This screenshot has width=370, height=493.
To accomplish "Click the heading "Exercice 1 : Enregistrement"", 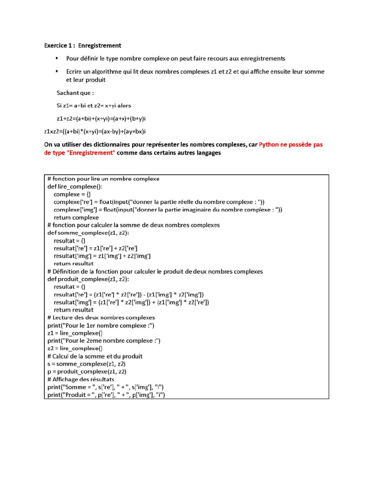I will tap(82, 46).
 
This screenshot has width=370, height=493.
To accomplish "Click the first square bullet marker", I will tap(57, 58).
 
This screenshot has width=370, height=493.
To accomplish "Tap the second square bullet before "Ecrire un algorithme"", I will tap(57, 71).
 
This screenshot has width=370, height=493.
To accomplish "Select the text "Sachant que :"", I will tap(75, 92).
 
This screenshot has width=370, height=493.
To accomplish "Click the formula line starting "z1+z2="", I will tap(102, 118).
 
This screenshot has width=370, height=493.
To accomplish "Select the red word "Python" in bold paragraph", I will tap(271, 144).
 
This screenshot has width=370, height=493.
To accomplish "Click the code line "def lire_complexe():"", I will tap(75, 186).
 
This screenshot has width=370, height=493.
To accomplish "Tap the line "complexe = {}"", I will tap(72, 194).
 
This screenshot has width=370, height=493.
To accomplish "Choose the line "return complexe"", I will tap(76, 217).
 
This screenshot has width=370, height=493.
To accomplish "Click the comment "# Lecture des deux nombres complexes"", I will tap(101, 318).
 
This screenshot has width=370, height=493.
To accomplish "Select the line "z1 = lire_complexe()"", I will tap(75, 333).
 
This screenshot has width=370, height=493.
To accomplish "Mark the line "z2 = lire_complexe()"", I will tap(75, 349).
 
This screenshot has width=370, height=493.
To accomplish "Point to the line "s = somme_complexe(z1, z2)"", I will tap(86, 364).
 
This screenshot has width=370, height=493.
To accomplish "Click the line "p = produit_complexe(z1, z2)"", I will tap(87, 372).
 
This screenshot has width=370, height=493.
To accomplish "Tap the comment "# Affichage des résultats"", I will tap(84, 379).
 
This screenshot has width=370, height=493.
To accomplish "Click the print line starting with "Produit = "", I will tap(106, 395).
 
